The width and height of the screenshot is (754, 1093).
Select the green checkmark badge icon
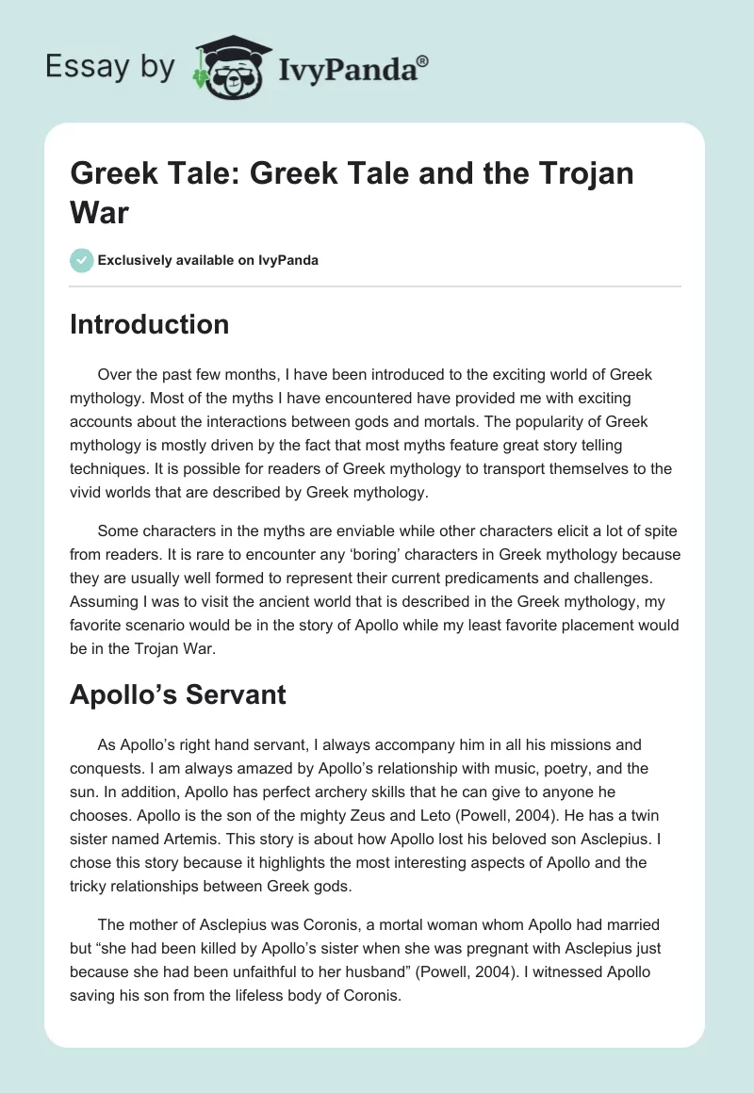point(82,260)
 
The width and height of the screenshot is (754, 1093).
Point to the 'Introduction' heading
point(150,324)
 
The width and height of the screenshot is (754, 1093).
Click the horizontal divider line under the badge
point(376,285)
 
